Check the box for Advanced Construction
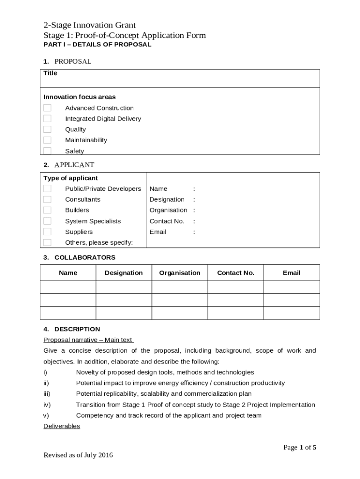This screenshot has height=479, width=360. click(x=47, y=108)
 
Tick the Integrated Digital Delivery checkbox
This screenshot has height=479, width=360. click(x=47, y=119)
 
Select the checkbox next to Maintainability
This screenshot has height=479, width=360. click(x=47, y=140)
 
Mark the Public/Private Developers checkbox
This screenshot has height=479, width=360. click(x=47, y=189)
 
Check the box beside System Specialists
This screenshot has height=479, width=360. click(x=47, y=221)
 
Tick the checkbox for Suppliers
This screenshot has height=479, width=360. click(x=47, y=232)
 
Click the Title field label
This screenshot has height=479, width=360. click(x=50, y=73)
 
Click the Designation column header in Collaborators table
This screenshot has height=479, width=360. click(x=124, y=273)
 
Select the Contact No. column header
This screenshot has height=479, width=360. click(x=236, y=273)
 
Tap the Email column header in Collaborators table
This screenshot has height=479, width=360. click(x=292, y=273)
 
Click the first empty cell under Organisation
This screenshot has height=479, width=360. click(x=180, y=287)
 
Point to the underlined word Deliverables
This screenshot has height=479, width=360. click(x=62, y=426)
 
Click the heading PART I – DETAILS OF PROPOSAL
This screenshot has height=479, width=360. click(x=97, y=45)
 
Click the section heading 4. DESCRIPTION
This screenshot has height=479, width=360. click(x=72, y=329)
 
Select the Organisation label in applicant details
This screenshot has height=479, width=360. click(x=168, y=210)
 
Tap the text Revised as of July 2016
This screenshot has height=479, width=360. click(x=78, y=455)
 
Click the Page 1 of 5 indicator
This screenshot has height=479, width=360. click(x=300, y=448)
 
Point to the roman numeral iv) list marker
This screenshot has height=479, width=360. click(x=47, y=405)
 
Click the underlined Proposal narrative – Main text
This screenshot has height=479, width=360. click(x=88, y=340)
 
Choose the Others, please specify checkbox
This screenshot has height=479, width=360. click(x=47, y=242)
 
